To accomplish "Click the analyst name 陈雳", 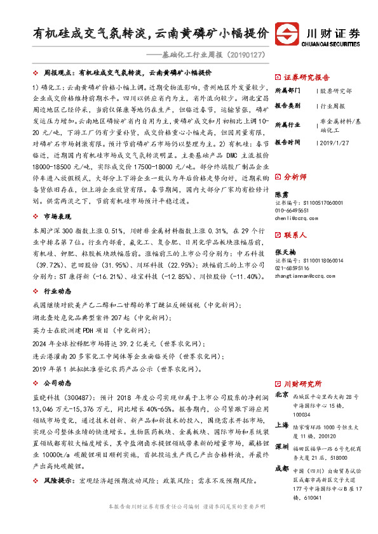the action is [x=280, y=193].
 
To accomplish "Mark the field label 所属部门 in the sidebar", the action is [x=288, y=91].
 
